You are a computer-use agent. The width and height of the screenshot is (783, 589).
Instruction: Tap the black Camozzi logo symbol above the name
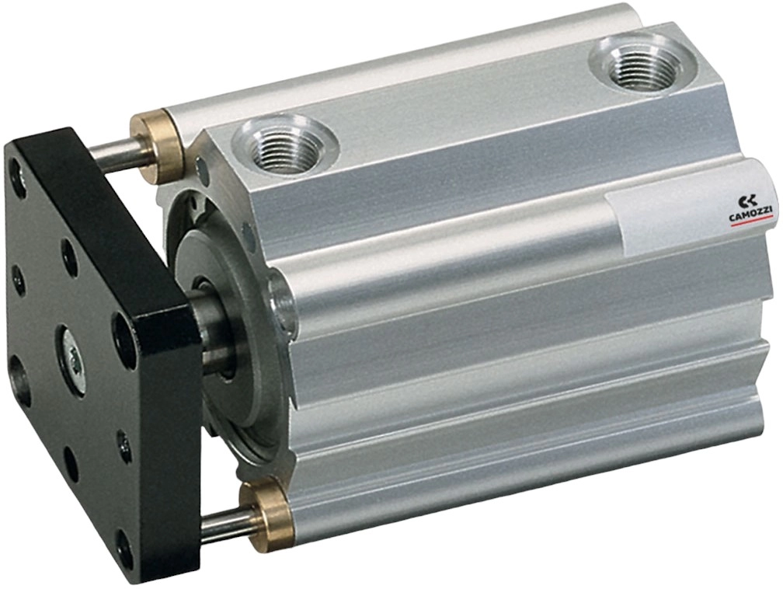pos(747,201)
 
